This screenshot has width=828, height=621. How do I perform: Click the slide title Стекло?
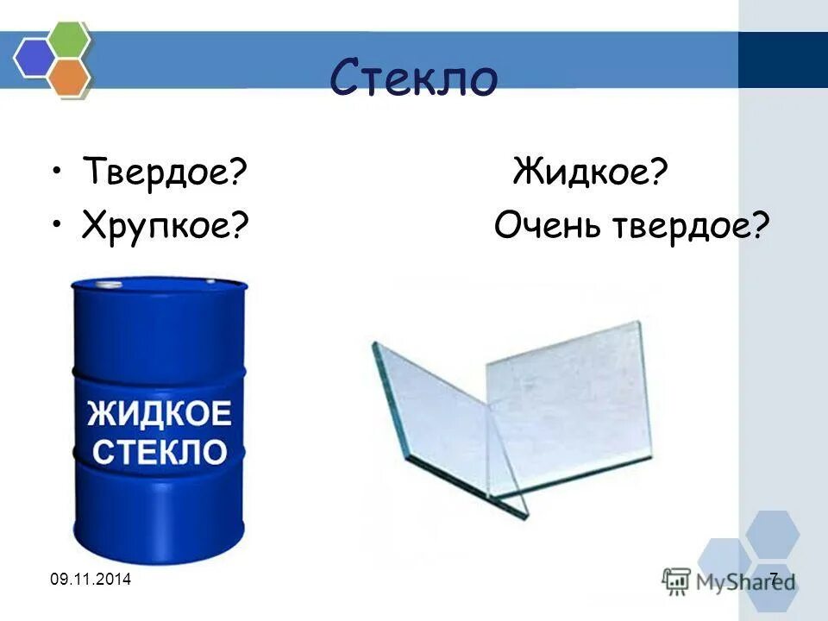(x=413, y=77)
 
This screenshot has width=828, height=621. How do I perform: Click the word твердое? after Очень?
(x=690, y=226)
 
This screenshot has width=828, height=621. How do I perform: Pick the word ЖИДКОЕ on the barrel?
(x=160, y=414)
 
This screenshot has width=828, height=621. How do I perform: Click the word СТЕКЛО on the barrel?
(x=160, y=452)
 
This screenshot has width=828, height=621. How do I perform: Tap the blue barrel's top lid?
(x=158, y=284)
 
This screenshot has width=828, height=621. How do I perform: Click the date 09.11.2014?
(x=91, y=579)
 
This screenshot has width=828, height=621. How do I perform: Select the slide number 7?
(x=773, y=578)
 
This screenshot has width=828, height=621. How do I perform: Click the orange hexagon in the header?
(x=69, y=77)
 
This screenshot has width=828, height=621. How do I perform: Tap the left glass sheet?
(x=431, y=405)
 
